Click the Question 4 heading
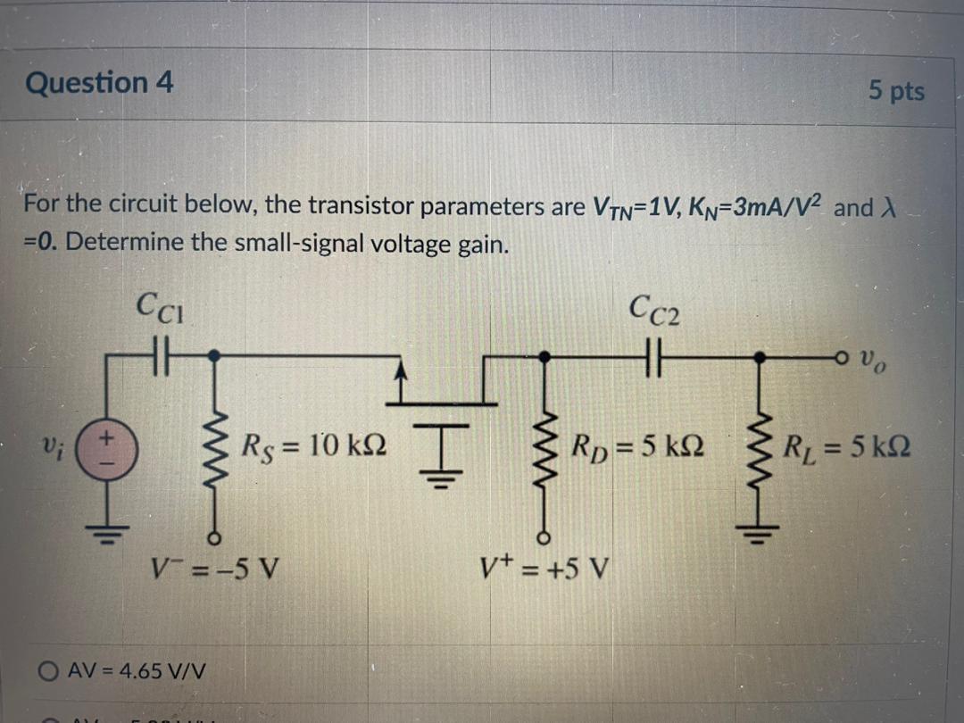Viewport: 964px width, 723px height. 100,83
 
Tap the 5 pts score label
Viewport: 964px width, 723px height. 896,91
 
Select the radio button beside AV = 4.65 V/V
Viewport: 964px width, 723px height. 48,669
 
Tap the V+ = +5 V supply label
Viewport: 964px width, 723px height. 544,566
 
